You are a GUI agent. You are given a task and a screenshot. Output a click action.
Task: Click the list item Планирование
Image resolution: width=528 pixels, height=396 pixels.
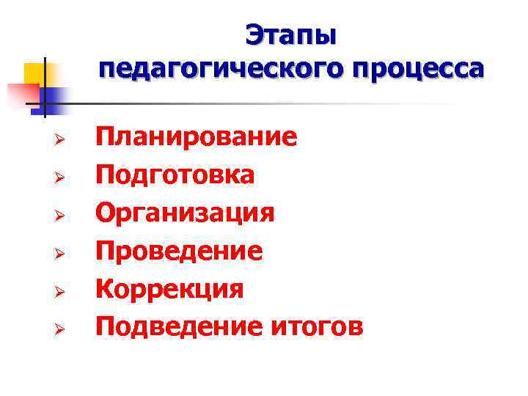point(197,137)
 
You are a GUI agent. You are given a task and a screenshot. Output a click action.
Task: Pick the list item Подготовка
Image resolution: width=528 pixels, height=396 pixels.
point(175,175)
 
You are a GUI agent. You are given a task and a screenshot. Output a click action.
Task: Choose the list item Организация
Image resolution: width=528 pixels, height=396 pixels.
point(185,213)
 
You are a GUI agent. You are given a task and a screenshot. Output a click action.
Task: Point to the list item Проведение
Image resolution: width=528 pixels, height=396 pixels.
point(179,252)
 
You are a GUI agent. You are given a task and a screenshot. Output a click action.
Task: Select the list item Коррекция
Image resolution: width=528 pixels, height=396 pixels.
point(170,289)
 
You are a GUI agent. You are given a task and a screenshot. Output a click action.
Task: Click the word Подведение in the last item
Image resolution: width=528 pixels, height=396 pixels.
point(172,327)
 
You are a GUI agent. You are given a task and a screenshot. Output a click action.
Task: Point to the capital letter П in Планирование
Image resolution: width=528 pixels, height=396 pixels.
point(105,137)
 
